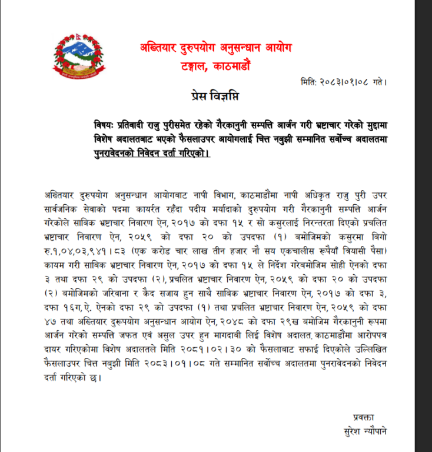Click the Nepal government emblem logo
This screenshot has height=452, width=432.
coord(79,57)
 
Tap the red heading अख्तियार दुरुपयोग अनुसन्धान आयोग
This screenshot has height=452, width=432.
coord(215,47)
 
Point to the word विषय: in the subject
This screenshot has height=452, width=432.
coord(106,126)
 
